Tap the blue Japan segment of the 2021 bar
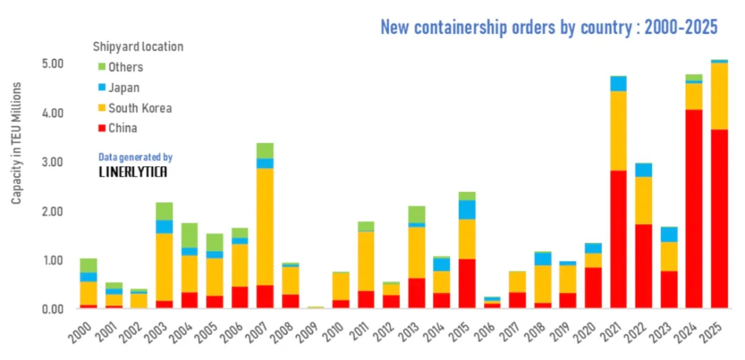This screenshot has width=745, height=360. [618, 83]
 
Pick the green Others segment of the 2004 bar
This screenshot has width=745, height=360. [190, 235]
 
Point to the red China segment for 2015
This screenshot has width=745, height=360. [467, 283]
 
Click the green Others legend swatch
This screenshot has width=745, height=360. [101, 67]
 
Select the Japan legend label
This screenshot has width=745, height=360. [123, 88]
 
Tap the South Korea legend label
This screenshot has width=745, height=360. [139, 108]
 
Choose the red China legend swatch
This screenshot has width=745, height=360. [101, 128]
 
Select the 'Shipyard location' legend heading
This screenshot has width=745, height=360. [138, 47]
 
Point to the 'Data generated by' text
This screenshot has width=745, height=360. [135, 157]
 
